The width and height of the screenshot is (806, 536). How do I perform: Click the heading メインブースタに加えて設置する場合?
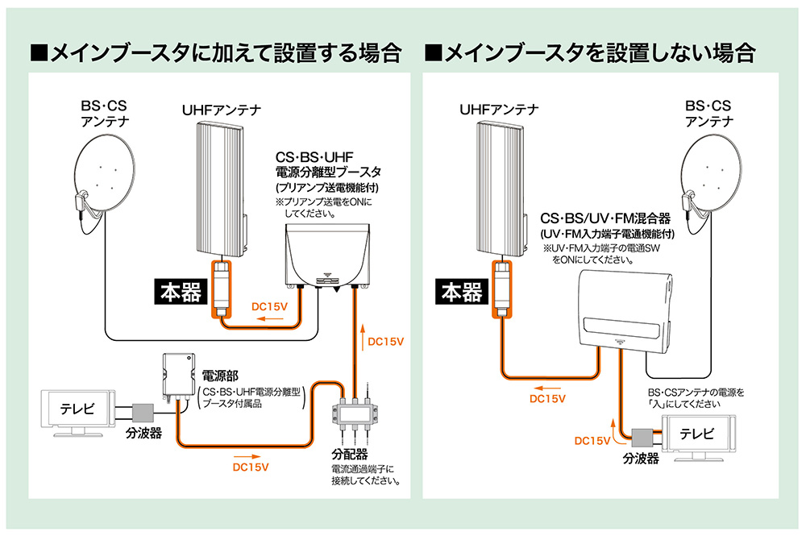215,53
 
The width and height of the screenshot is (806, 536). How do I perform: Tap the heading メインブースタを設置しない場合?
589,53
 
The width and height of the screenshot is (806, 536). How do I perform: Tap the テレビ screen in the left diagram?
77,409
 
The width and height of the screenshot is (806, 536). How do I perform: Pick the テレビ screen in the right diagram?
698,434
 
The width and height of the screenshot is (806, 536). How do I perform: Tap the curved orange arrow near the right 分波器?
617,435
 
